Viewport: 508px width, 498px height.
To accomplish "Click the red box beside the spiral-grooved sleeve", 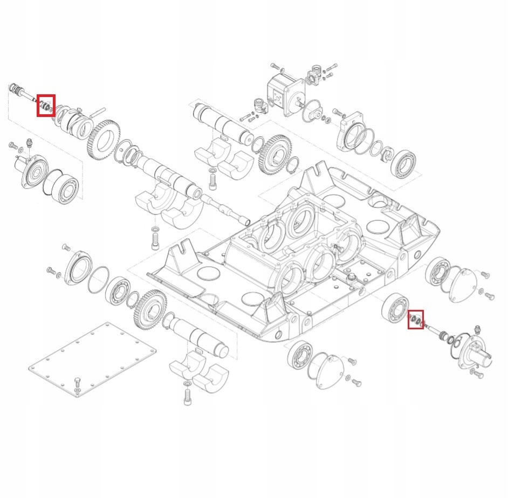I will [x=46, y=105].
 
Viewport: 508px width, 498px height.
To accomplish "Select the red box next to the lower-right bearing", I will [x=415, y=320].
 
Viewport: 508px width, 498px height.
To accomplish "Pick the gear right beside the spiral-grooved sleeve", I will [x=102, y=140].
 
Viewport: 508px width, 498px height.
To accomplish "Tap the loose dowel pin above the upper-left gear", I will [x=97, y=113].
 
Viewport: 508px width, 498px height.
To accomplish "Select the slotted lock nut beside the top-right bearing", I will [x=385, y=156].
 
